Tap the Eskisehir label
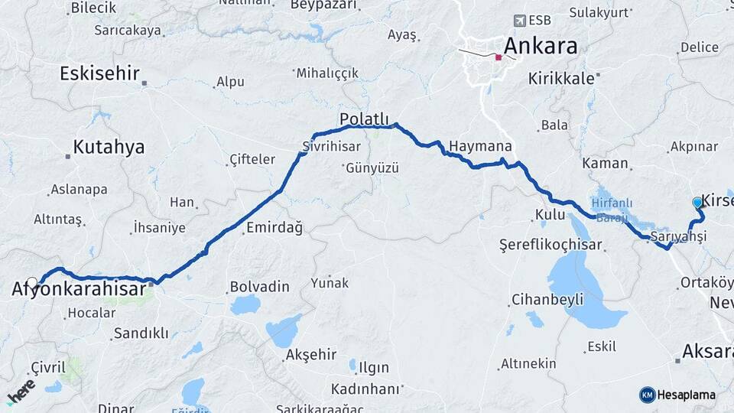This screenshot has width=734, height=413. (99, 74)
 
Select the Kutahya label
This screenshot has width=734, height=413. (109, 148)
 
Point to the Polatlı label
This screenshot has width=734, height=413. (365, 119)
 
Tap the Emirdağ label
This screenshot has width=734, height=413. (274, 228)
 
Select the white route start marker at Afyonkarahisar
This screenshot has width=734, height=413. (32, 282)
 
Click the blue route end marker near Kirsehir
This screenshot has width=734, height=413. (697, 203)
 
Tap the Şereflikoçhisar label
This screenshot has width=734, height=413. (550, 246)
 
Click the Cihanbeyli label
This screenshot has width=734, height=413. (547, 298)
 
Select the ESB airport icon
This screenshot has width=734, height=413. (521, 20)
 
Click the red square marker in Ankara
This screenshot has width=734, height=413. (499, 57)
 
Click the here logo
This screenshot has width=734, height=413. (21, 391)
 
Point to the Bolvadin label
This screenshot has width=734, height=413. (260, 288)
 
